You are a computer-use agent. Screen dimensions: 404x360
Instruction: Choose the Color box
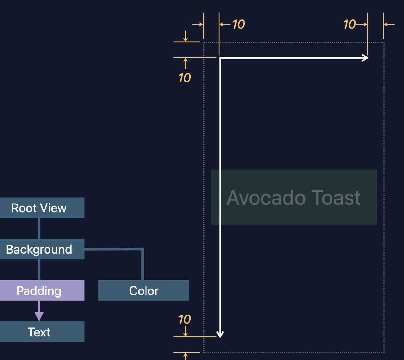click(144, 290)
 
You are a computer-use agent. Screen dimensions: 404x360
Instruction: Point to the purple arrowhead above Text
click(39, 316)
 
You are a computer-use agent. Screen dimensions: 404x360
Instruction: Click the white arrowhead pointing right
click(365, 58)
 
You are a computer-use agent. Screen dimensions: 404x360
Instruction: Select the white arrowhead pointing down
click(220, 334)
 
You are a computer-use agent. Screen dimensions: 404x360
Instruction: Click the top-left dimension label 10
click(238, 24)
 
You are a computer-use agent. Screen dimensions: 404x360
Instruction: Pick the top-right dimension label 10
click(349, 24)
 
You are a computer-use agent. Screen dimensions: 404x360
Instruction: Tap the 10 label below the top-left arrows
click(184, 78)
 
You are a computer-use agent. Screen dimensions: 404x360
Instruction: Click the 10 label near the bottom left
click(184, 320)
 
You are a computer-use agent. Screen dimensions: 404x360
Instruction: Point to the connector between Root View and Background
click(39, 228)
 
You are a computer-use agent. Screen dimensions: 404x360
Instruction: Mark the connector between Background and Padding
click(39, 270)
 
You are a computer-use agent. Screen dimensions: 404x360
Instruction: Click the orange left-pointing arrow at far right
click(389, 24)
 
